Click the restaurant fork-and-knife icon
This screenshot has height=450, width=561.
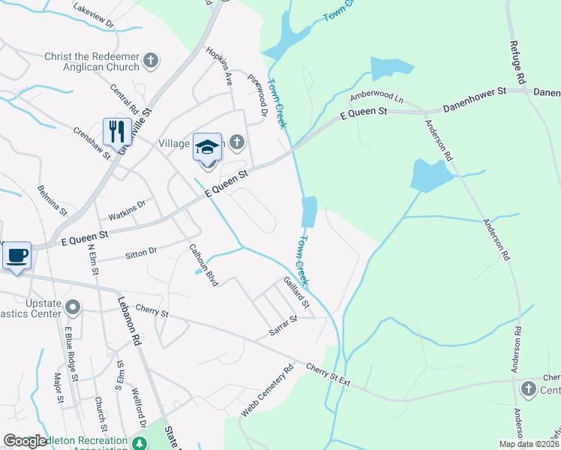[117, 131]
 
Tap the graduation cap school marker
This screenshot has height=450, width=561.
[208, 147]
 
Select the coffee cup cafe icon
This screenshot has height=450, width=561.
[16, 255]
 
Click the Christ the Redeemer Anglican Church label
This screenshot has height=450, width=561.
[92, 61]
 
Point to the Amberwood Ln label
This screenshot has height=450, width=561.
[376, 99]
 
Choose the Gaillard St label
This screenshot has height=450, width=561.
[296, 292]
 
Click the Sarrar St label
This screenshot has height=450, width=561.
[283, 325]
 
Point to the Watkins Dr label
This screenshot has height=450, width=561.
[126, 206]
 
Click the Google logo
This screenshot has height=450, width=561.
[25, 442]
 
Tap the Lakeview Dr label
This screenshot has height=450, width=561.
[94, 15]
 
